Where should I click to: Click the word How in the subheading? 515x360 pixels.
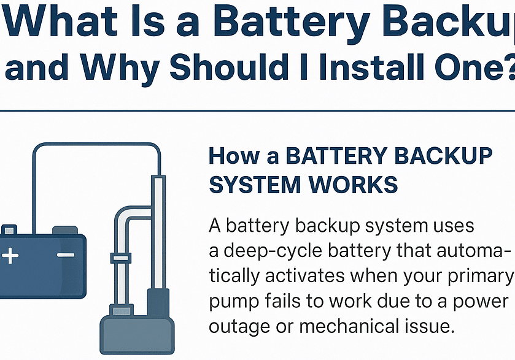tap(233, 156)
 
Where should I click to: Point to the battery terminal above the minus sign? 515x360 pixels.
tap(65, 231)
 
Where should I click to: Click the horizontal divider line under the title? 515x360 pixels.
tap(257, 111)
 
